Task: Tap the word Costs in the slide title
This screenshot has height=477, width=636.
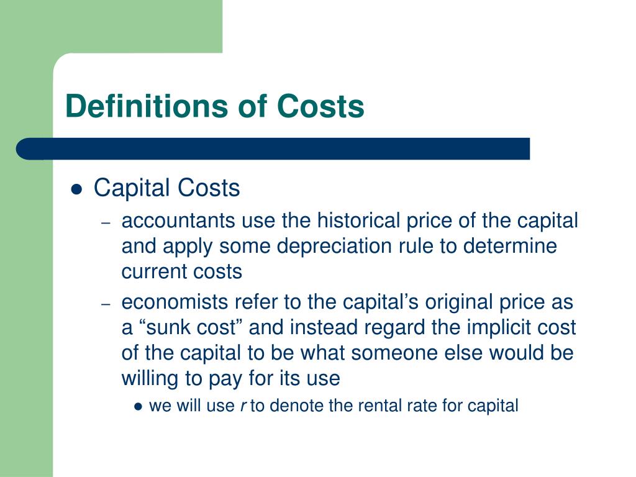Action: click(320, 106)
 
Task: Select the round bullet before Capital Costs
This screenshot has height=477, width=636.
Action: click(76, 189)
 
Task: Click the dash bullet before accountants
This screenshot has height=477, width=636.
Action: click(106, 222)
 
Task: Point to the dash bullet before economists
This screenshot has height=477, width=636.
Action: click(106, 304)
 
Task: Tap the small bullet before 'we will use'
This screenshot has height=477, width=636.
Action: click(138, 407)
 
